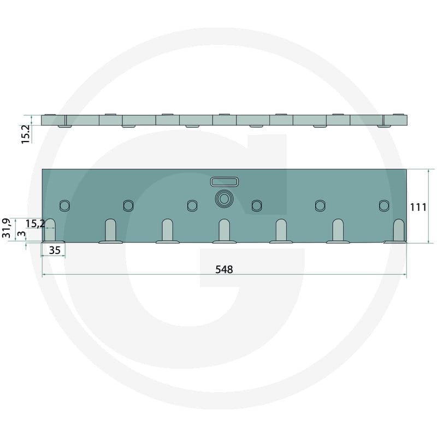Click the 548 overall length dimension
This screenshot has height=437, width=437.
click(x=224, y=269)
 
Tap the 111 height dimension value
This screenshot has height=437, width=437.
click(x=418, y=207)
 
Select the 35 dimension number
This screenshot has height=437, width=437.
click(x=55, y=250)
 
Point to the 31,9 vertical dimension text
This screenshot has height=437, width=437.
click(x=6, y=228)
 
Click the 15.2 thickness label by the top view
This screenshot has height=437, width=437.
click(x=26, y=134)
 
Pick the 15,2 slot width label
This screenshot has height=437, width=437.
click(x=35, y=223)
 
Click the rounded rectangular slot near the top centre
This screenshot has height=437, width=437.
click(x=225, y=182)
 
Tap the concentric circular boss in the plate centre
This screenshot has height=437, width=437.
click(x=224, y=199)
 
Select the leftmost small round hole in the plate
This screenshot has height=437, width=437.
click(x=64, y=206)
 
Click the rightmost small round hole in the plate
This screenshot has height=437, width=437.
click(x=384, y=206)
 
